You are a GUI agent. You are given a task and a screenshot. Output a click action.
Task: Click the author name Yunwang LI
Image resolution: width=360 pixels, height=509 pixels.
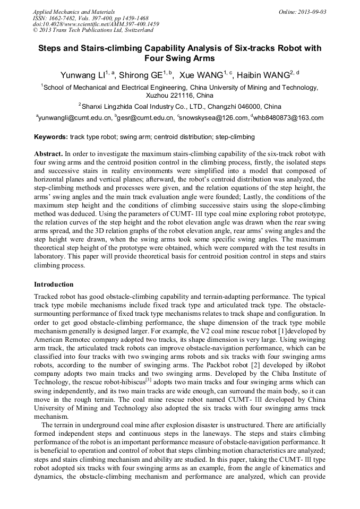coord(84,75)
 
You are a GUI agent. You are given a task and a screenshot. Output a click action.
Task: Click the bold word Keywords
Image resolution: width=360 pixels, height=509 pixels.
coord(51,137)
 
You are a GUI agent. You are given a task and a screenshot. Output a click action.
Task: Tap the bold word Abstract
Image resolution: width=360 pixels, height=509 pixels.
coord(48,153)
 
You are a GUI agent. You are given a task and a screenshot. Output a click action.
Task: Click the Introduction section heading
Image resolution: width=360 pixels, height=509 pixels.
coord(54,284)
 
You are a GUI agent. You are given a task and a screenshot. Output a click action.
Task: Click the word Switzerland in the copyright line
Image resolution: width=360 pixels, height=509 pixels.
coord(135,30)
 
